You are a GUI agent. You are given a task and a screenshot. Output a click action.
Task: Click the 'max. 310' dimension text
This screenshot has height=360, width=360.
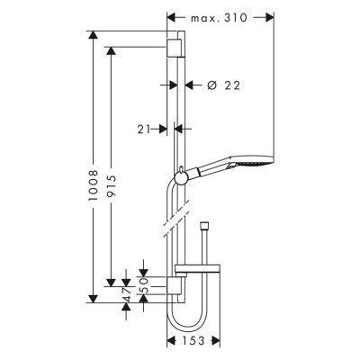(221, 18)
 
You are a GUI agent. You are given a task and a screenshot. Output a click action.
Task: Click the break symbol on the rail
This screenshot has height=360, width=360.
(176, 219)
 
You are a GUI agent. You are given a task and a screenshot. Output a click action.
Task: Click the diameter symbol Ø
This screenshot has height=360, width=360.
(210, 85)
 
